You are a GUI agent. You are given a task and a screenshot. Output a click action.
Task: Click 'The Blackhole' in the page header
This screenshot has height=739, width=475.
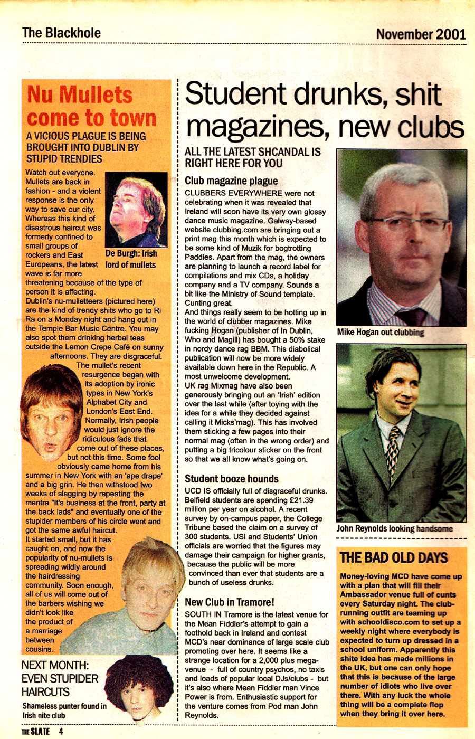[x=61, y=33]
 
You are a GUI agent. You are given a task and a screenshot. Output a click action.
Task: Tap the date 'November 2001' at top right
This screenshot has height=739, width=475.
[x=421, y=34]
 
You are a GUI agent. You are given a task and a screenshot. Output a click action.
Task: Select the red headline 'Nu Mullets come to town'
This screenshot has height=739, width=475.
[x=92, y=107]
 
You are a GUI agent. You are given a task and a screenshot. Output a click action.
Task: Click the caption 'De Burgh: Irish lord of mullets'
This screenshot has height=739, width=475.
[x=130, y=259]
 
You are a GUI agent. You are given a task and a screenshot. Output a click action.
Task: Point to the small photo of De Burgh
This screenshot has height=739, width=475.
[x=136, y=210]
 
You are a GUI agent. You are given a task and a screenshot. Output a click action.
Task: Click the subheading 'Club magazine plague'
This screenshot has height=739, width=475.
[x=231, y=181]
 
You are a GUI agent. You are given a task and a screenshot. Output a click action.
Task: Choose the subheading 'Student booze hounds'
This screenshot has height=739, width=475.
[x=231, y=479]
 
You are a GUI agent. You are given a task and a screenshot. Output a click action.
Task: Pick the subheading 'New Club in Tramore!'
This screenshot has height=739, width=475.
[x=229, y=602]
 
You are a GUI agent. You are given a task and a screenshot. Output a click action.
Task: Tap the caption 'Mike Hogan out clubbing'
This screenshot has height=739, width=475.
[x=381, y=333]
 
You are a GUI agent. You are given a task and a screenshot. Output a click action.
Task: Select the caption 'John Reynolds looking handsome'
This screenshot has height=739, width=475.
[x=394, y=528]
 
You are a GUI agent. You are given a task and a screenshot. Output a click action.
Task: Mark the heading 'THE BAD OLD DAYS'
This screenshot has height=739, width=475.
[x=394, y=558]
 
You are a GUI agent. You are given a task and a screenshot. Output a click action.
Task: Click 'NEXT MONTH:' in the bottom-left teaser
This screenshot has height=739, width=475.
[x=55, y=665]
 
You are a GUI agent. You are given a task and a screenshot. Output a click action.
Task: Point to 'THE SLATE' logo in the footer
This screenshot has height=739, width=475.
[x=35, y=732]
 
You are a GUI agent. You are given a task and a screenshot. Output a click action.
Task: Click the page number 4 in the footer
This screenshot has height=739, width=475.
[x=61, y=732]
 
